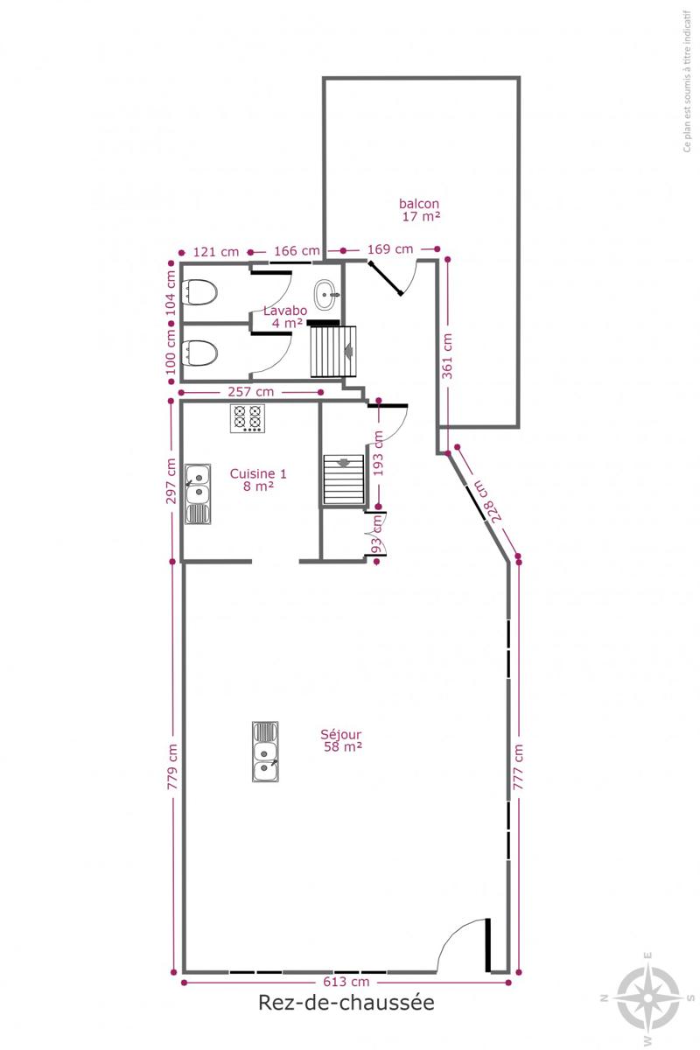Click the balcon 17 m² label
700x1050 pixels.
[x=420, y=210]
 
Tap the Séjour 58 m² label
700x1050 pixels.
[x=342, y=740]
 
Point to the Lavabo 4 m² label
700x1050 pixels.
[x=285, y=317]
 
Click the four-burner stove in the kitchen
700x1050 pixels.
[x=247, y=418]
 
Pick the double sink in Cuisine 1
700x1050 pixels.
[x=198, y=493]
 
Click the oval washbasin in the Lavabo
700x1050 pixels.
[x=326, y=295]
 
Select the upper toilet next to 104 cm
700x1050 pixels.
[x=200, y=292]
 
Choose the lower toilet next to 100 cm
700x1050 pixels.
[x=200, y=353]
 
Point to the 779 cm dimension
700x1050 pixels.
[x=172, y=766]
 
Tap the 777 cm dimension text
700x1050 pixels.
[x=518, y=766]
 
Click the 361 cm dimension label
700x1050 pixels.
[x=448, y=356]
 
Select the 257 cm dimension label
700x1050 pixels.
[x=251, y=391]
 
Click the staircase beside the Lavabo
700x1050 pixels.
[x=334, y=352]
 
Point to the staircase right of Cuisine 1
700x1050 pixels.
[x=344, y=479]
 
